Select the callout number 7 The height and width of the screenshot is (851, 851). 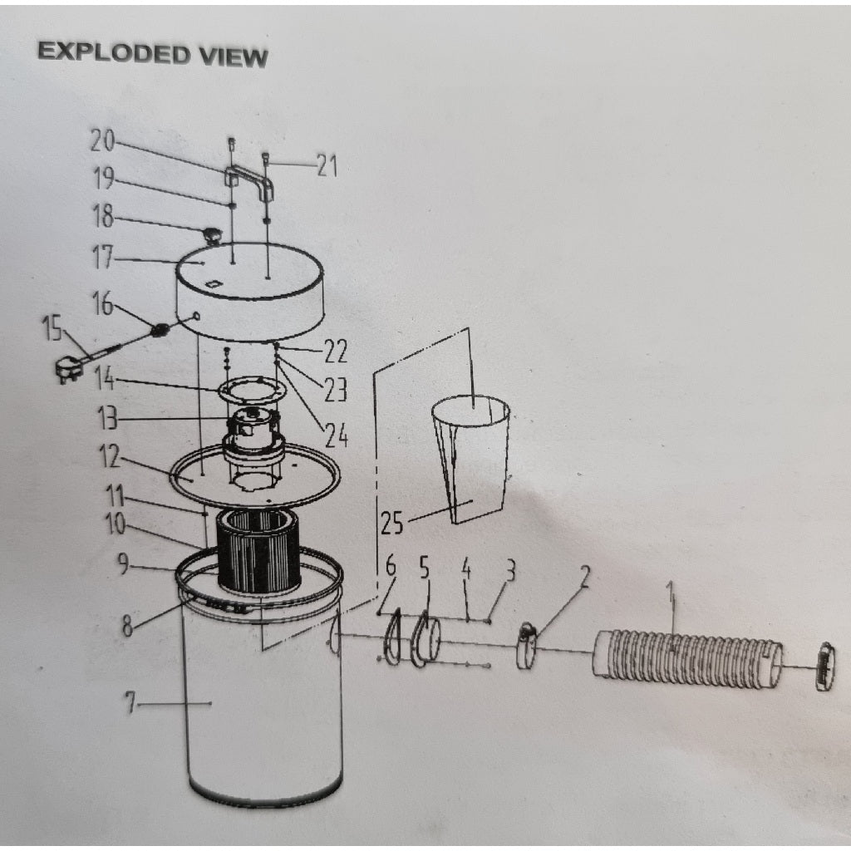tap(130, 705)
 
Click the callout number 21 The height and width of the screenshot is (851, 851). tap(327, 167)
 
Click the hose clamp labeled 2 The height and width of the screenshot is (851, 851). tap(527, 647)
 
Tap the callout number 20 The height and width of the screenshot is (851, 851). tap(102, 141)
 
